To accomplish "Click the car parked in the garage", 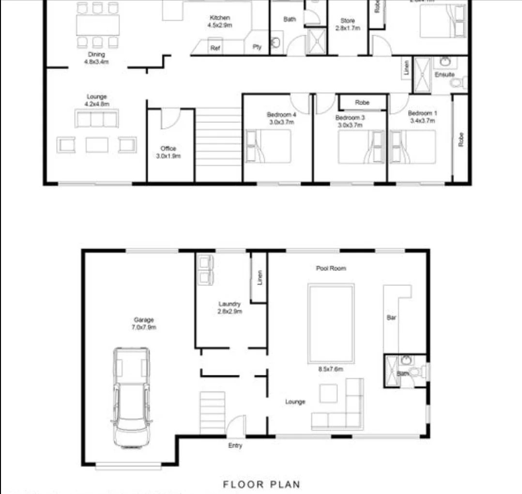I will point(131,397).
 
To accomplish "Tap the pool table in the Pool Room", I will point(331,323).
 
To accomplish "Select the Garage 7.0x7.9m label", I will point(144,323).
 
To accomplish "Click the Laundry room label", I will point(230,307).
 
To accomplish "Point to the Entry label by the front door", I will point(235,446).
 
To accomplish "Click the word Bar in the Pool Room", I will point(391,318).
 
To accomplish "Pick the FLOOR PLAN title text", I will point(261,484).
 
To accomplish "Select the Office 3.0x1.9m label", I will point(168,152).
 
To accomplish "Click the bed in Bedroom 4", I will point(268,146).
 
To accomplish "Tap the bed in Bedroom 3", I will point(361,147).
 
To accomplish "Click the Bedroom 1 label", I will point(422,117).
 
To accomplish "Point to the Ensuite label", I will point(444,75).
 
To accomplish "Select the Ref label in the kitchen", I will point(215,48).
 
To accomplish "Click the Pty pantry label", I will point(257,47).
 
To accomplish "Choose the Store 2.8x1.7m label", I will point(348,24).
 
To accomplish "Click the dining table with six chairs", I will point(97,25).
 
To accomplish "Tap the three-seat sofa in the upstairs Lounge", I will point(96,119).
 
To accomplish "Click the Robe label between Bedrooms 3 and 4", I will point(362,103).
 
